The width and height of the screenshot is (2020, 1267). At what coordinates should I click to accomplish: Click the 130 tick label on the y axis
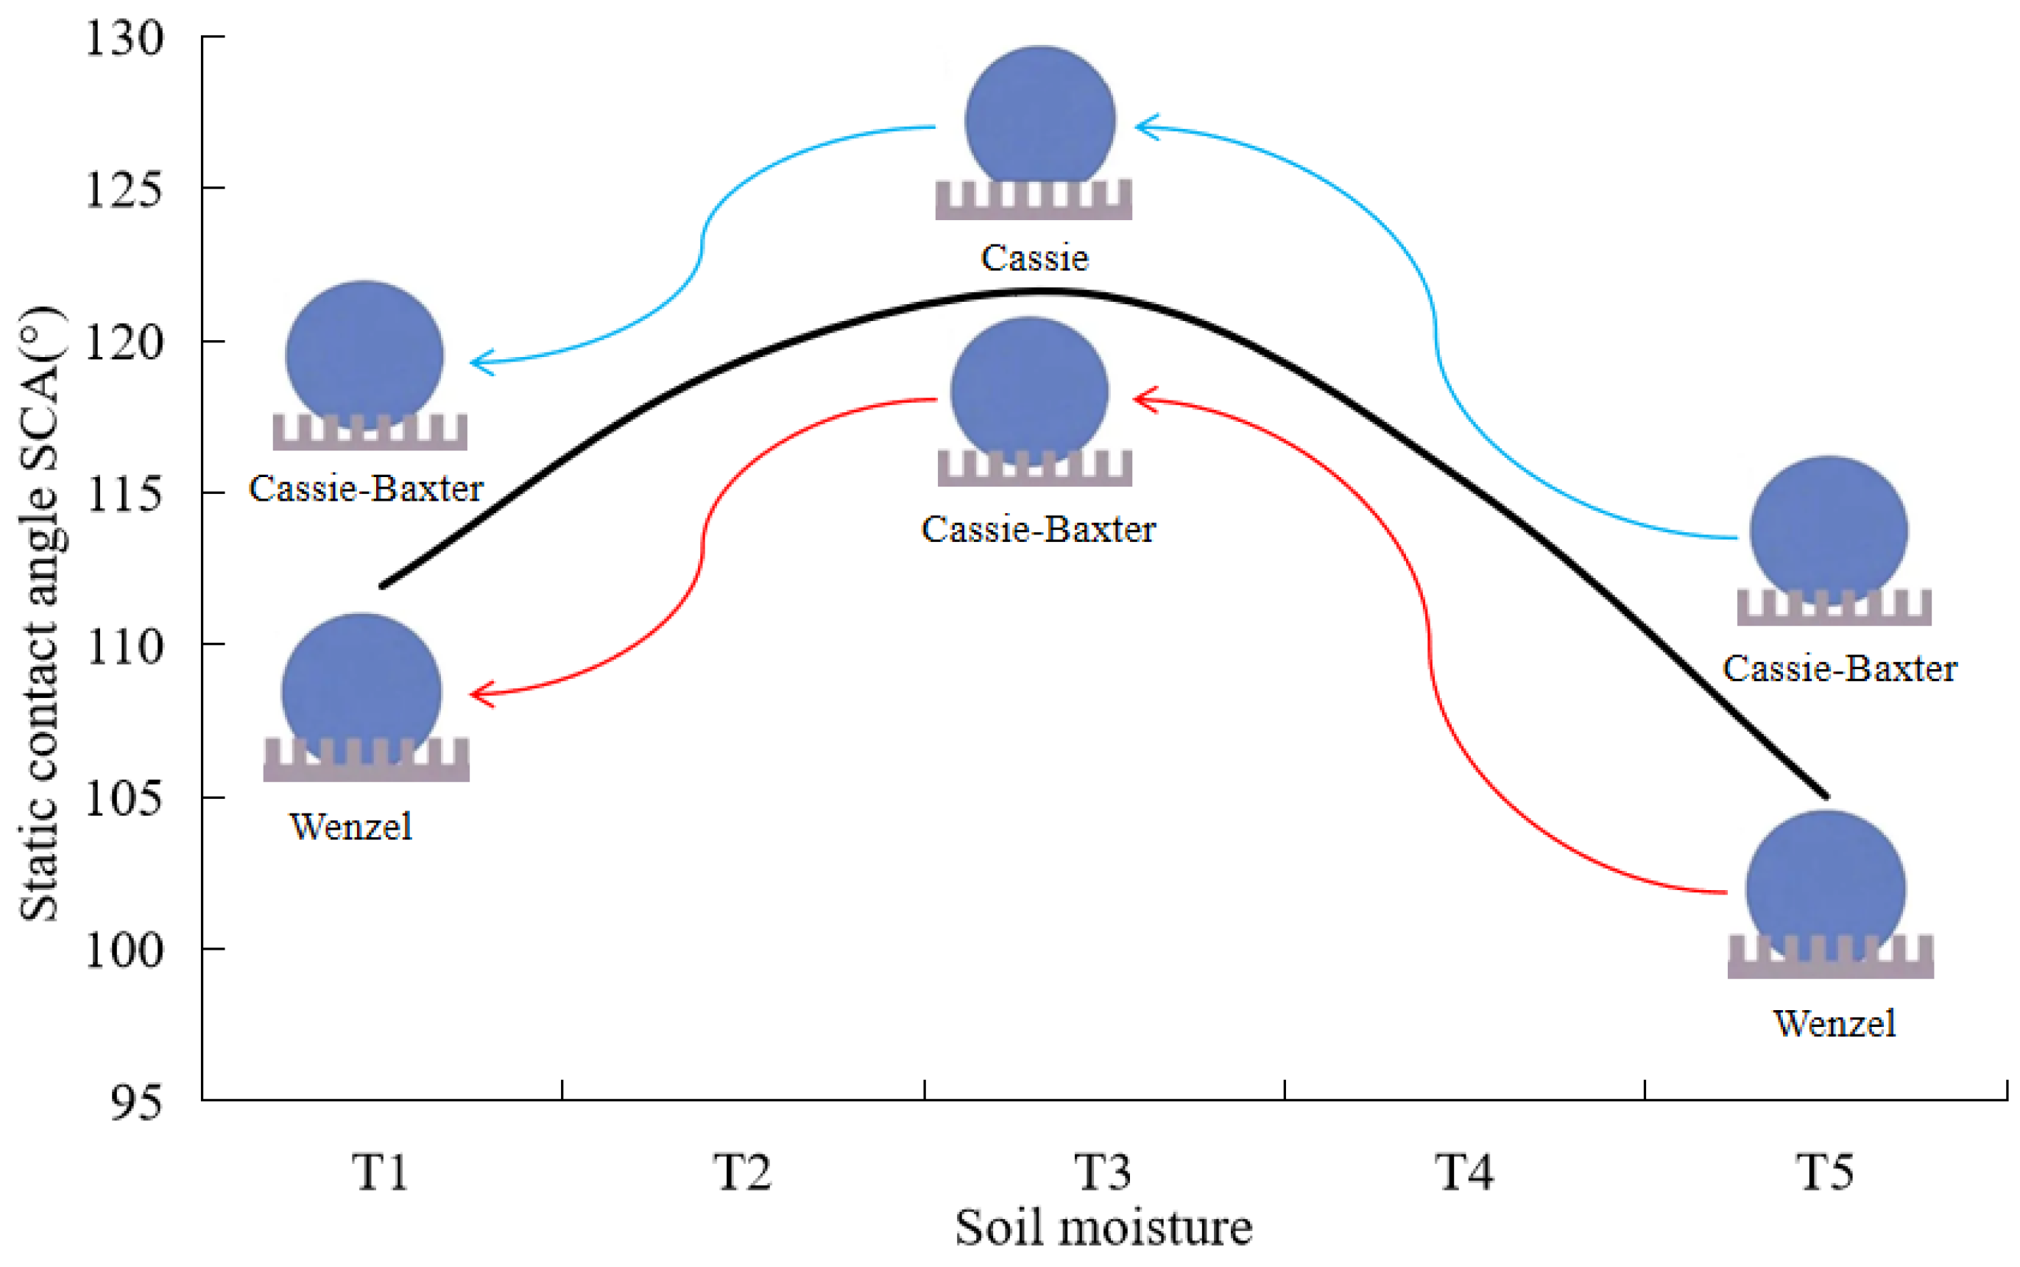click(124, 38)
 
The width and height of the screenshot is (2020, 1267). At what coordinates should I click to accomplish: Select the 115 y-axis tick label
click(124, 495)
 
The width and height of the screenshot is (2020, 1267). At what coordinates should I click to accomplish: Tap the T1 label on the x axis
click(380, 1171)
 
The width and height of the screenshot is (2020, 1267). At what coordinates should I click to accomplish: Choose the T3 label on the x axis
click(1103, 1171)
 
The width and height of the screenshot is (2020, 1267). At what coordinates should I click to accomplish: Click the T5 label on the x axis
click(1825, 1171)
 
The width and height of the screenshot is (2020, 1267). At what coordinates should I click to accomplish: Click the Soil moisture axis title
click(1103, 1229)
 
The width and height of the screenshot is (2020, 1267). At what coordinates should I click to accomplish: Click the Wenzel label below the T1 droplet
click(351, 827)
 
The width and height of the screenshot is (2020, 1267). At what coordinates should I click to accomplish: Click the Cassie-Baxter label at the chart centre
click(1038, 529)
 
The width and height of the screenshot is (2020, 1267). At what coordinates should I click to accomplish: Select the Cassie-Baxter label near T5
click(1839, 668)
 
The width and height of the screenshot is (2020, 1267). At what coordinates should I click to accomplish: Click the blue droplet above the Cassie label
click(1039, 117)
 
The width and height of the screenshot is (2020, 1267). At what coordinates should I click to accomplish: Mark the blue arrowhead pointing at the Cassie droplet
click(1145, 127)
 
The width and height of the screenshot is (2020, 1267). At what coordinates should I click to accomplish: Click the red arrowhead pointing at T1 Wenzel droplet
click(479, 694)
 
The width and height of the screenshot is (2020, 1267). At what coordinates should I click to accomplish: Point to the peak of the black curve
click(1039, 292)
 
